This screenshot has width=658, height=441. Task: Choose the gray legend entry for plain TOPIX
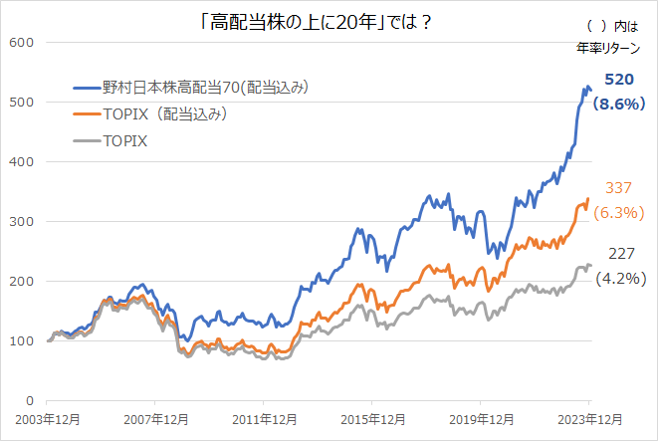[124, 141]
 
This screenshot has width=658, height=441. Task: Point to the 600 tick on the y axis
[21, 42]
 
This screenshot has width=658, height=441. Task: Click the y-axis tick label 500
[21, 102]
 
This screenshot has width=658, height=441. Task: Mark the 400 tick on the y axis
[21, 161]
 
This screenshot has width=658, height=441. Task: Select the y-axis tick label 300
[21, 221]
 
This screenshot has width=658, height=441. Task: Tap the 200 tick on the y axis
[21, 281]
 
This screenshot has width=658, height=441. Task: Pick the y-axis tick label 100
[21, 340]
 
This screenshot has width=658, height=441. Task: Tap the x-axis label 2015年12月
[371, 419]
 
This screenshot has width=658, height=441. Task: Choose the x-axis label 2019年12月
[480, 419]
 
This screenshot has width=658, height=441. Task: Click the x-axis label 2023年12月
[588, 419]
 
